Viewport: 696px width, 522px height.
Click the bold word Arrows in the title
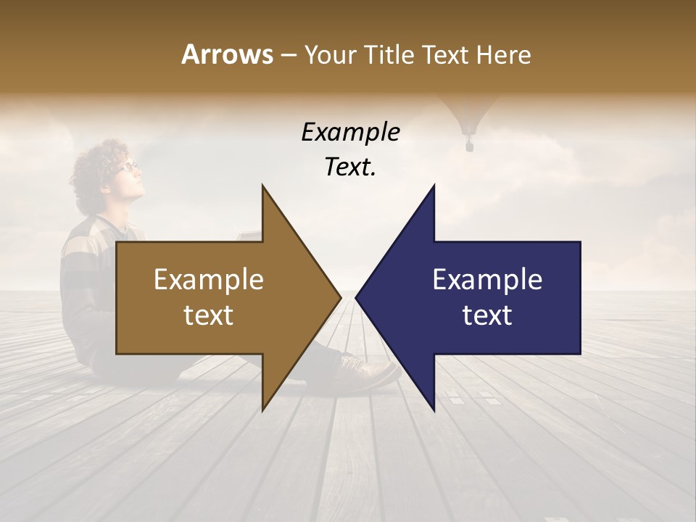227,54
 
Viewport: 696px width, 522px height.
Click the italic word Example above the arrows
350,133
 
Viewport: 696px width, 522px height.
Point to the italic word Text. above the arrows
350,167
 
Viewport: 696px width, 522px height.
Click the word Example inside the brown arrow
209,279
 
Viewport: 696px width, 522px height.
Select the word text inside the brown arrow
209,315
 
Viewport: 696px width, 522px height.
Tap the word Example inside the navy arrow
487,279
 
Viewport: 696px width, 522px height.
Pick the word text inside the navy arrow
487,315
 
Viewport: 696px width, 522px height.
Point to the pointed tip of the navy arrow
357,296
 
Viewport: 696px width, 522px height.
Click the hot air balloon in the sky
470,116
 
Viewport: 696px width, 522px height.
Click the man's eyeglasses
128,166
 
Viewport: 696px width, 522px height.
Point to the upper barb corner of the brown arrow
262,186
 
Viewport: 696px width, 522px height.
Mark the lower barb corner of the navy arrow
434,410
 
